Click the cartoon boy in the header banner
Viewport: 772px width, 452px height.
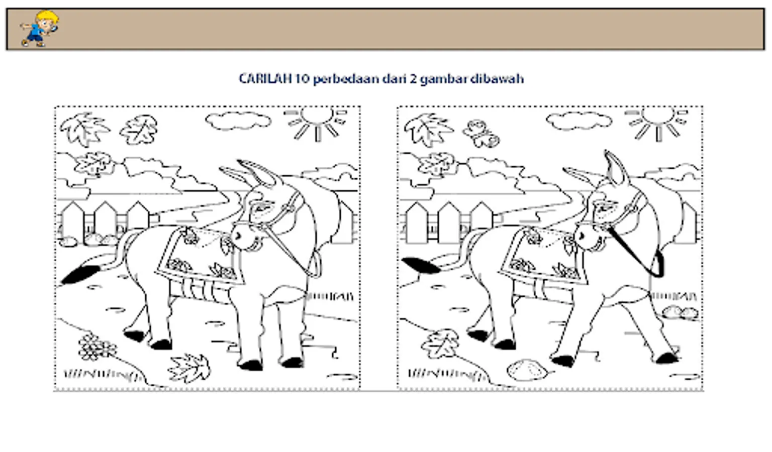(x=40, y=29)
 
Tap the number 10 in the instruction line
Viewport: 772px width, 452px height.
(x=302, y=78)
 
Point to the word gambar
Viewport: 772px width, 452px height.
(x=443, y=79)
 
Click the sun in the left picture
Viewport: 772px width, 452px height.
(x=316, y=123)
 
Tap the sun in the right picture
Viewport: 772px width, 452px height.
(x=657, y=123)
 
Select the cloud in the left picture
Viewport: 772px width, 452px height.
(x=238, y=121)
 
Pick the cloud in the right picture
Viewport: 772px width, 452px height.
(x=579, y=121)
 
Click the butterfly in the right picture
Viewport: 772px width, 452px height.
(x=481, y=134)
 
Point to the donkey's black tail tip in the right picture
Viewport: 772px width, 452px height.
(x=421, y=265)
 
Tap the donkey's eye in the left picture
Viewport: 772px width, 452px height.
(x=261, y=208)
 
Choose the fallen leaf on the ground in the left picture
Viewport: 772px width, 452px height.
(x=189, y=368)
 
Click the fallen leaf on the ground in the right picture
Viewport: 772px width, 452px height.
(x=440, y=344)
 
